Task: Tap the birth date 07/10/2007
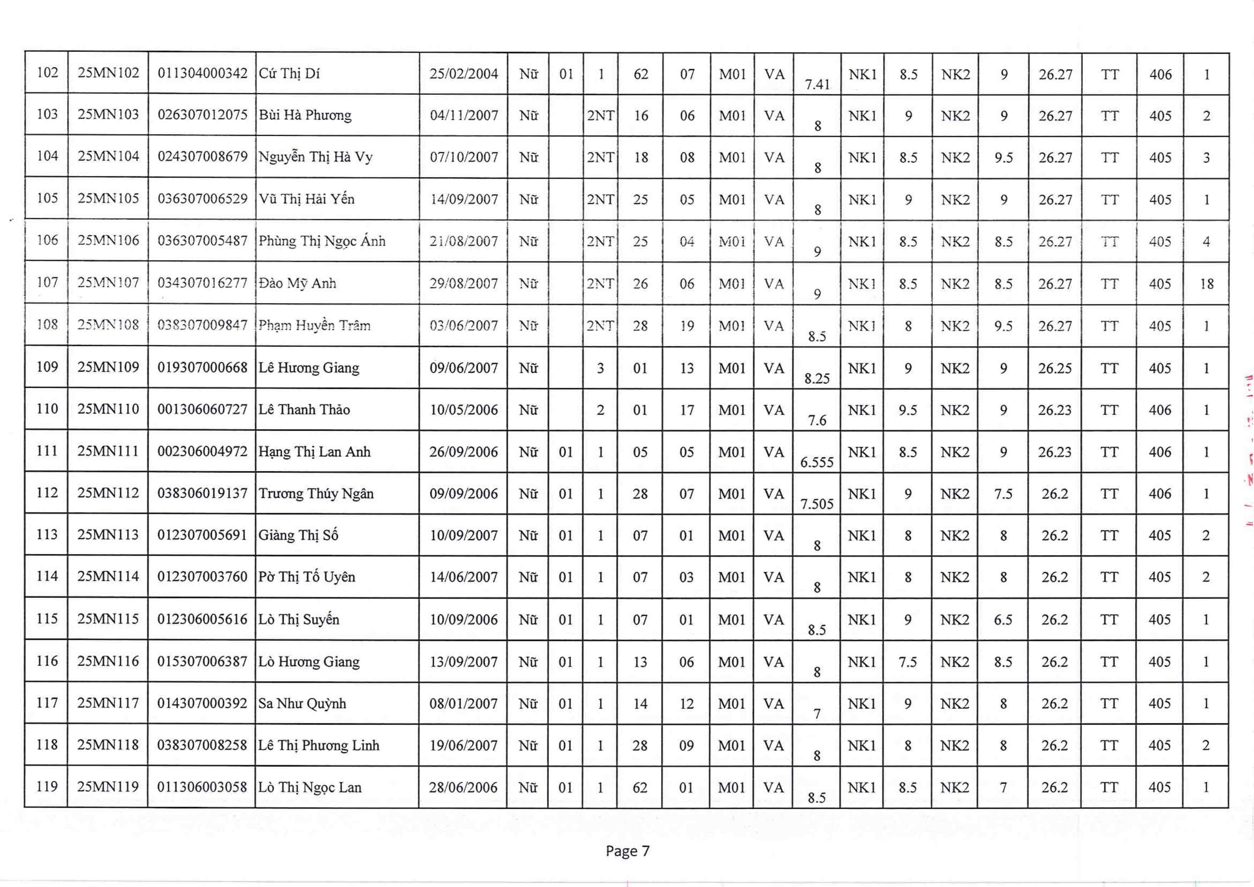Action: (x=464, y=157)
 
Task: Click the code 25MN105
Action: (x=108, y=198)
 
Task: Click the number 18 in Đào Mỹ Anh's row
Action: (x=1206, y=283)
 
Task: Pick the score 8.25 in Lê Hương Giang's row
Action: (x=817, y=378)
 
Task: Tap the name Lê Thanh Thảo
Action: (x=304, y=410)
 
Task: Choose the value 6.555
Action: (x=817, y=462)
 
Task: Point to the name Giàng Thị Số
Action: (x=298, y=535)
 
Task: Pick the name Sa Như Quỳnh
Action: (x=302, y=703)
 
